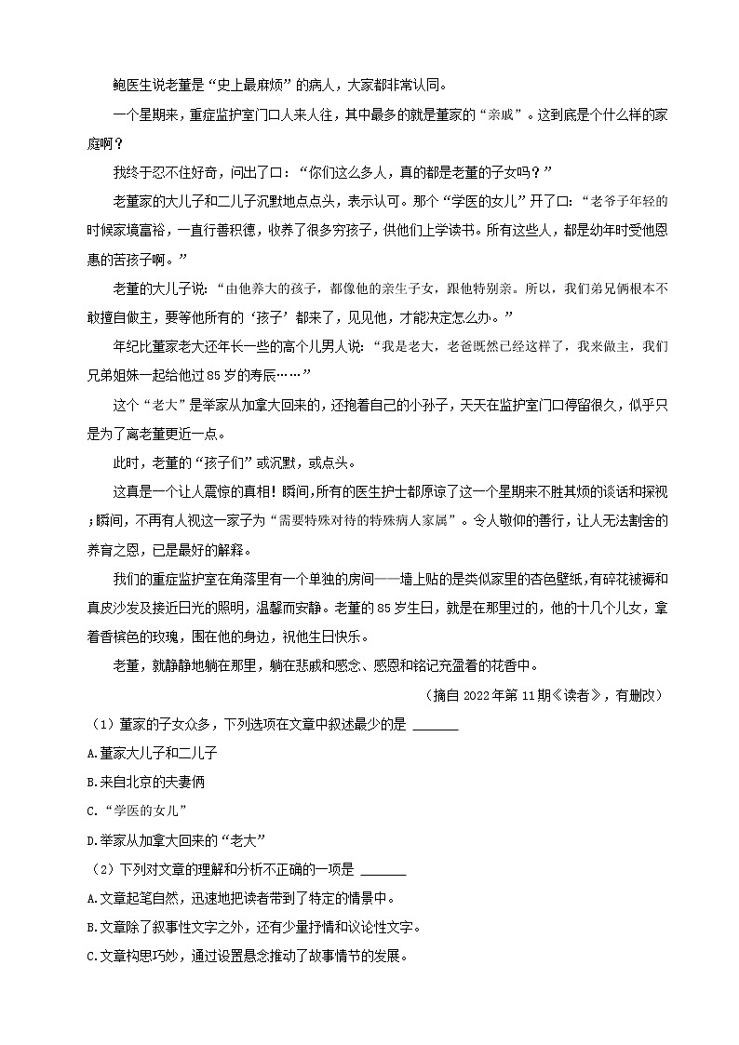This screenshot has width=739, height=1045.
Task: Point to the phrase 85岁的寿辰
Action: tap(262, 374)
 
